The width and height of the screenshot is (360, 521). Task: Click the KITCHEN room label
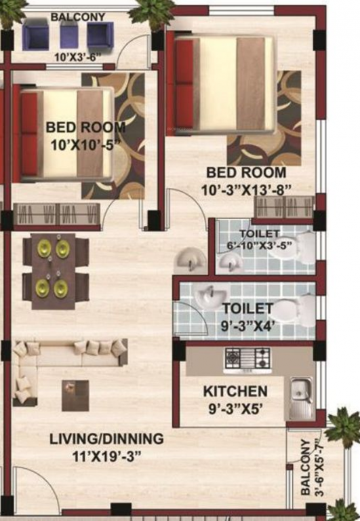(x=235, y=391)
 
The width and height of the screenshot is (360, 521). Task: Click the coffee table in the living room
(x=75, y=395)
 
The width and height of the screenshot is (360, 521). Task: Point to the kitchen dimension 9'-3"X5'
(x=235, y=410)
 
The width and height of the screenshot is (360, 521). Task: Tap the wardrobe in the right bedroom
(x=293, y=206)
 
